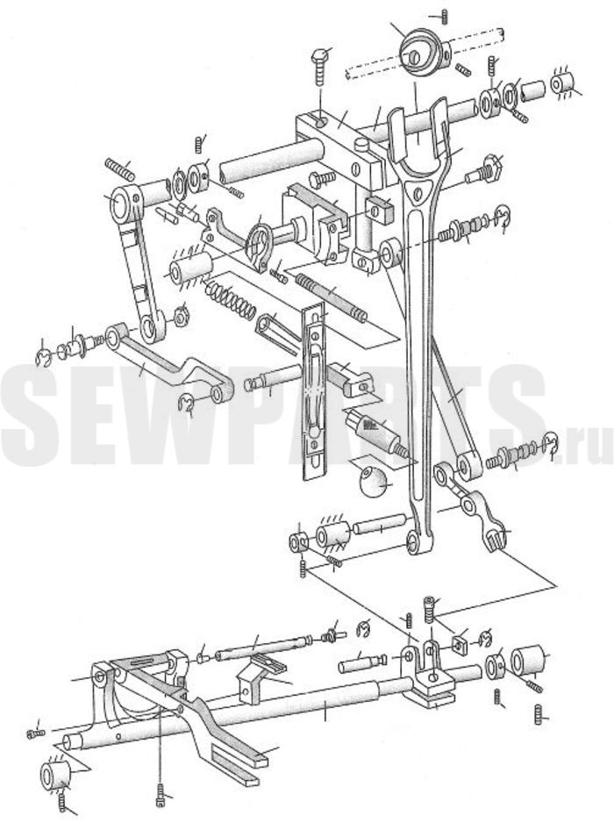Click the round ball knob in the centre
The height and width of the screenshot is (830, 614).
375,482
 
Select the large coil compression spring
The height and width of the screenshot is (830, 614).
230,299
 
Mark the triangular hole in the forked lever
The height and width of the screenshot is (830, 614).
418,191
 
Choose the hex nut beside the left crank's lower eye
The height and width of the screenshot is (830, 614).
182,316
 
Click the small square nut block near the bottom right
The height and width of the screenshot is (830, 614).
459,645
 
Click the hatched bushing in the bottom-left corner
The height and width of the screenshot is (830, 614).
55,776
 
